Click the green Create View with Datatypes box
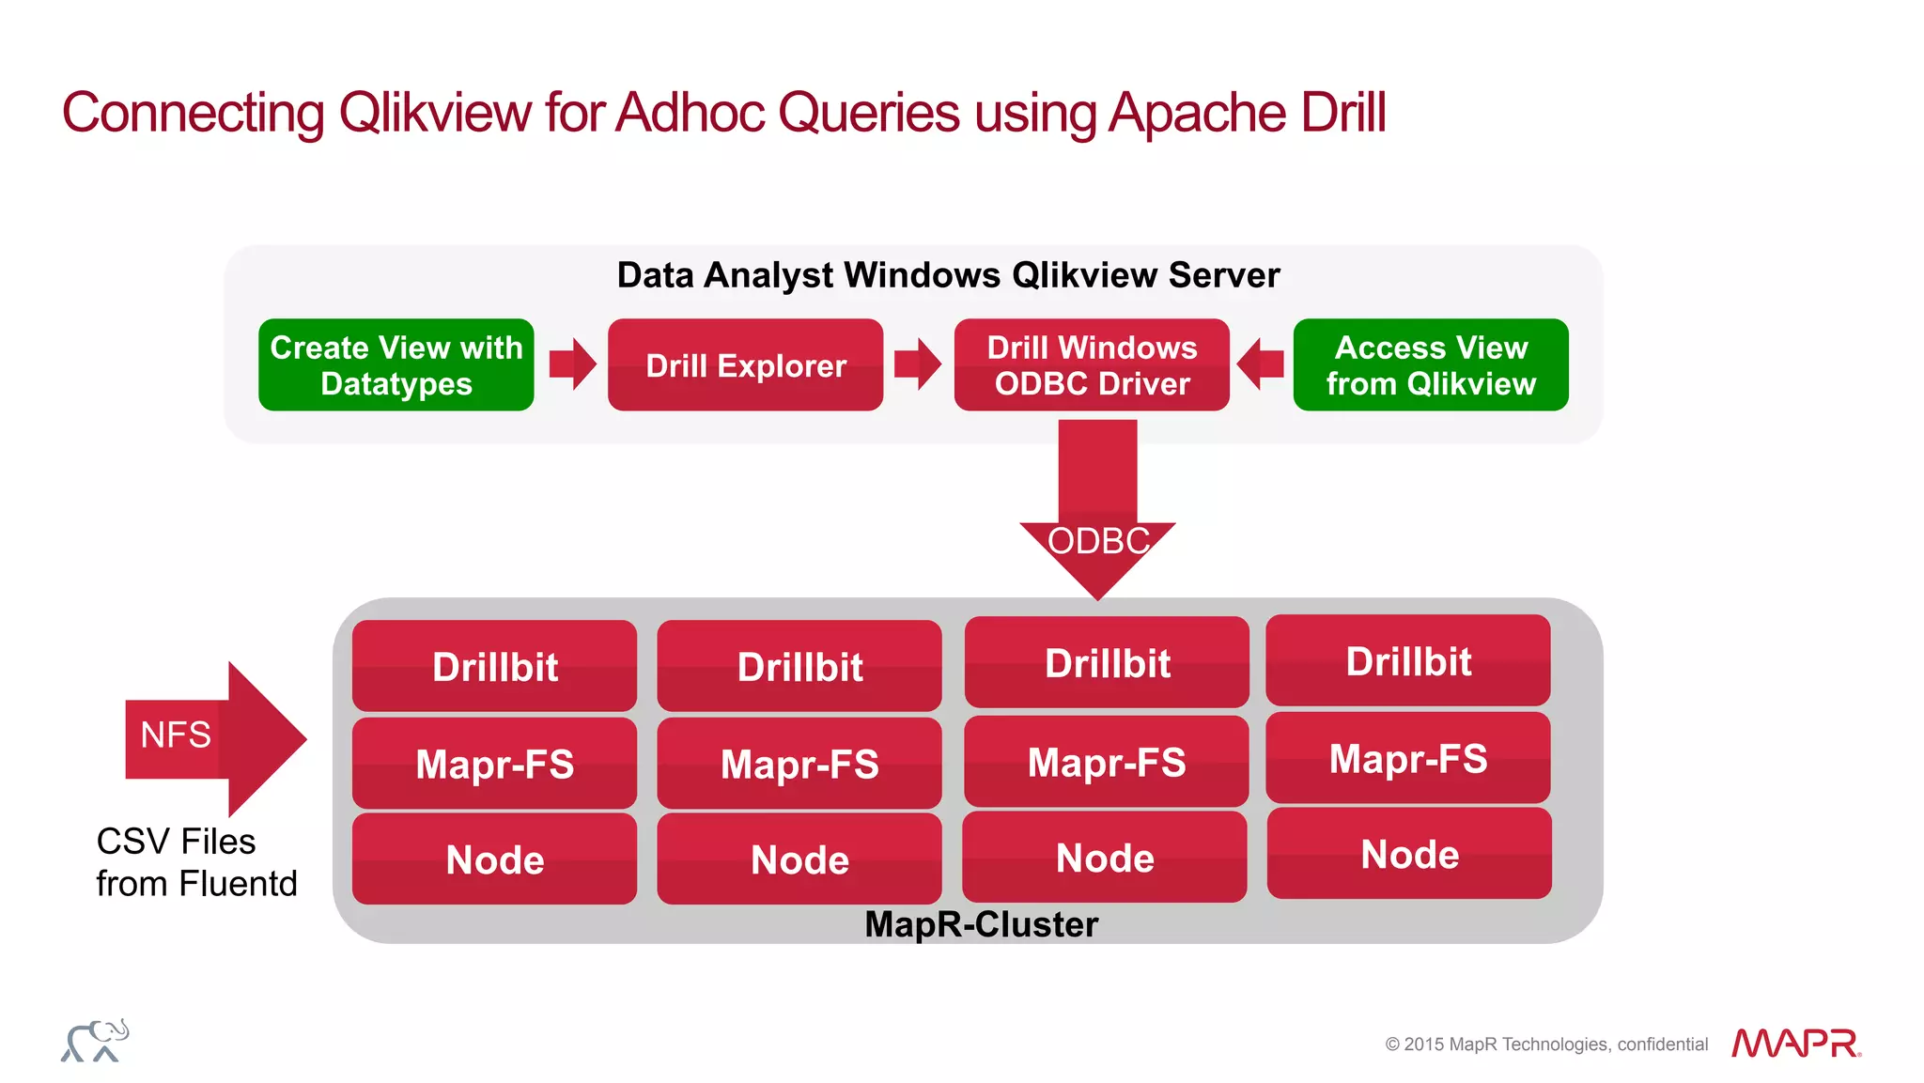(x=396, y=364)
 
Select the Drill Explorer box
(x=745, y=364)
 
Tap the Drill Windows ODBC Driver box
(x=1092, y=364)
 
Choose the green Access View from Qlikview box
(x=1430, y=364)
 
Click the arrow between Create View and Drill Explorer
(x=572, y=364)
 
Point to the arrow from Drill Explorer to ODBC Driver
(x=918, y=364)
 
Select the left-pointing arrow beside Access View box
(x=1261, y=364)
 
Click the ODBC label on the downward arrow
(x=1097, y=541)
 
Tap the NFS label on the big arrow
(x=176, y=735)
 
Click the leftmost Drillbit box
(x=494, y=666)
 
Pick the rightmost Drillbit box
(x=1407, y=660)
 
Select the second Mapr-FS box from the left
(x=799, y=763)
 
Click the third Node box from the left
(x=1104, y=857)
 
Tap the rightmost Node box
(x=1408, y=853)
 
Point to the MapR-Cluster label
(x=981, y=924)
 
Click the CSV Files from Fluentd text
(x=196, y=862)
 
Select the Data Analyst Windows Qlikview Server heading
(x=948, y=275)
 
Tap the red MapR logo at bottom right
(x=1795, y=1043)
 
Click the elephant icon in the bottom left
(x=95, y=1041)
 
